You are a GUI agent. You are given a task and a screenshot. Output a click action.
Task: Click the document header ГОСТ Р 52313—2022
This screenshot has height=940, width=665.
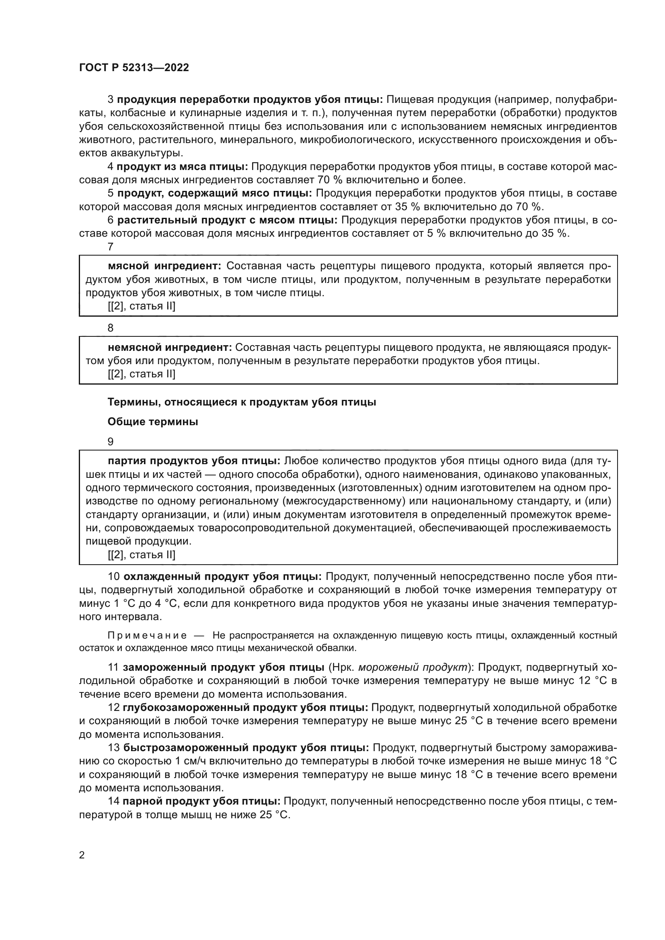pos(134,68)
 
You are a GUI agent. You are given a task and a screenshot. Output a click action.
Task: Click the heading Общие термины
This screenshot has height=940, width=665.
pos(153,422)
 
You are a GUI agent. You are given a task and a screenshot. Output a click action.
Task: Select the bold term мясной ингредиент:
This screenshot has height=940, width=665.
pos(164,266)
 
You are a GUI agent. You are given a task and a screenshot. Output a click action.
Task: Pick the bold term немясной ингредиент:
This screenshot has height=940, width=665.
pos(170,348)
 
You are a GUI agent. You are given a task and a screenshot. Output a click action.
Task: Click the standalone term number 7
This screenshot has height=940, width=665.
pos(111,247)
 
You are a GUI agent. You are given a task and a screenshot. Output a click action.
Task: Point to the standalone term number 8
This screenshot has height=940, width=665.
pos(111,328)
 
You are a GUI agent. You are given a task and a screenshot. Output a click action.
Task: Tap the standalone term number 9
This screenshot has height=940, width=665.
pos(111,442)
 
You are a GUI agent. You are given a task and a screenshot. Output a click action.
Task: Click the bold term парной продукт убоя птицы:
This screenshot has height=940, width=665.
pos(201,801)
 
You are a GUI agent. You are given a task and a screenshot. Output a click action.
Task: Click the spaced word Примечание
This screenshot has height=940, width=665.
pos(147,635)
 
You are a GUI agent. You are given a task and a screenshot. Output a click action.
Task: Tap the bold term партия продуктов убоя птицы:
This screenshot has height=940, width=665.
pos(194,461)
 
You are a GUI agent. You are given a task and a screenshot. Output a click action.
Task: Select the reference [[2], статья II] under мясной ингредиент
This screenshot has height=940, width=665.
pos(141,306)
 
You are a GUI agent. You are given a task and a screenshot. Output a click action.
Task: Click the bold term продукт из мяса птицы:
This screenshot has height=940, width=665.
pos(182,167)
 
